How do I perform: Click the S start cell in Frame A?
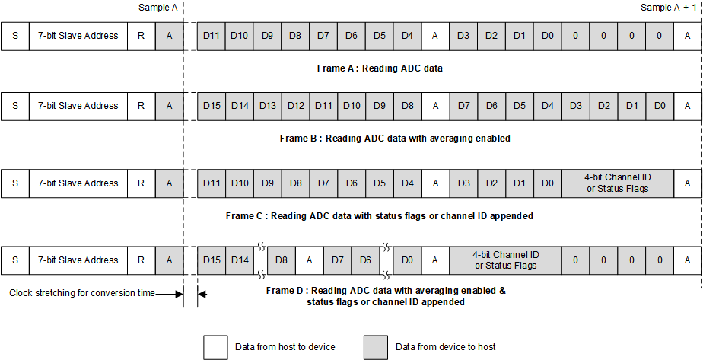(15, 36)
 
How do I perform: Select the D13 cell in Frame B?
(268, 106)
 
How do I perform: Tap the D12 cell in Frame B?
(296, 106)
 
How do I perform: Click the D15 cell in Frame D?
(212, 260)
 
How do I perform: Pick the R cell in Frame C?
(141, 183)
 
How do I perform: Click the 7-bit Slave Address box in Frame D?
(78, 260)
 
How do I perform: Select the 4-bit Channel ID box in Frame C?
(618, 183)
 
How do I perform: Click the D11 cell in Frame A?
(212, 36)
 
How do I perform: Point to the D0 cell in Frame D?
(407, 260)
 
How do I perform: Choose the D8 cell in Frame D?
(282, 260)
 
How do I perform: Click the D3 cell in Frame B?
(576, 106)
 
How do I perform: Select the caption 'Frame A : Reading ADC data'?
(380, 68)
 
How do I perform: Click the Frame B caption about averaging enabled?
(395, 139)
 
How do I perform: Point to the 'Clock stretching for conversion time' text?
(82, 293)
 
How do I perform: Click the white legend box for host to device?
(215, 347)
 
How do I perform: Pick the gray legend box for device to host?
(376, 347)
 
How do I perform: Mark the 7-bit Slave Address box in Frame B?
(78, 106)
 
